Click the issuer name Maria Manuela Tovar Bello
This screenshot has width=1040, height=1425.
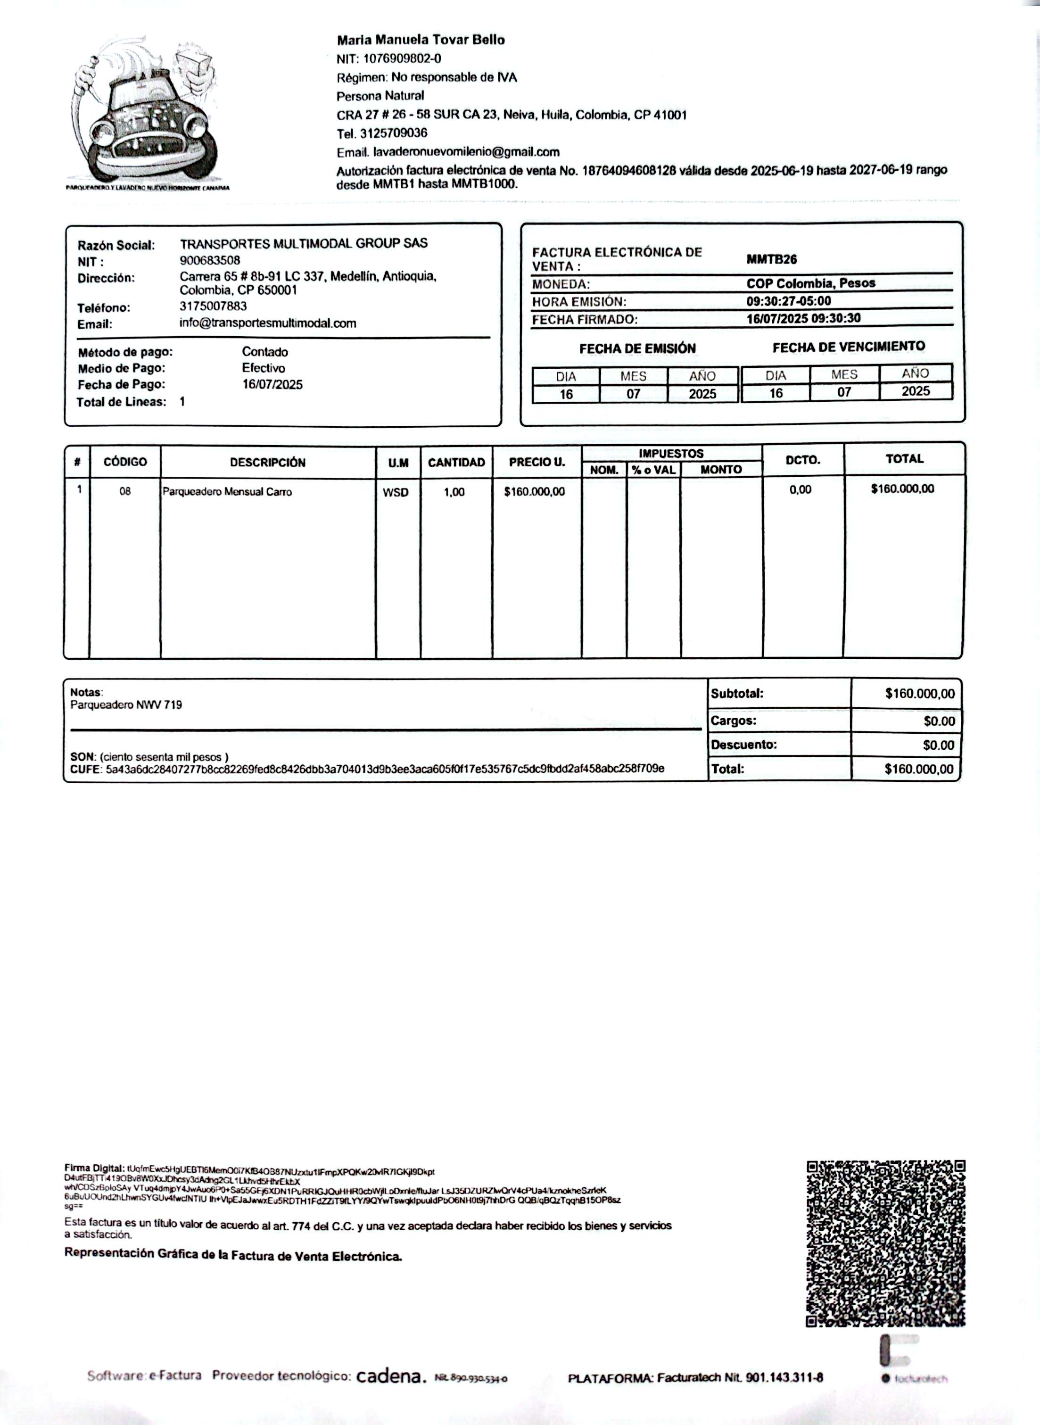click(421, 40)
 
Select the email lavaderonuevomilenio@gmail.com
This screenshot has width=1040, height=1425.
click(466, 152)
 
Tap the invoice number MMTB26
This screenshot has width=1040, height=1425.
click(771, 259)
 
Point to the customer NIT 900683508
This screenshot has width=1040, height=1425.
click(210, 260)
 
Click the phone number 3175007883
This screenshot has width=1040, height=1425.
click(213, 307)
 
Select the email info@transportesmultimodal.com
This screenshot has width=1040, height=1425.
click(268, 323)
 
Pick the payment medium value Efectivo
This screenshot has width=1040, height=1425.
click(263, 368)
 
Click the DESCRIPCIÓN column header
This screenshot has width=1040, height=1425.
click(268, 462)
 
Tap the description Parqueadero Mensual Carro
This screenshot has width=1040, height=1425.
click(227, 492)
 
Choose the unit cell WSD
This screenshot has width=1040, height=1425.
click(396, 492)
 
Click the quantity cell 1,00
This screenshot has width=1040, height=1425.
click(454, 492)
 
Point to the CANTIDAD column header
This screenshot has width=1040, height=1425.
click(456, 462)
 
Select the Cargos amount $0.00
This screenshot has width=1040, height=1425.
click(939, 721)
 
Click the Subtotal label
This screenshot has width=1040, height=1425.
click(736, 694)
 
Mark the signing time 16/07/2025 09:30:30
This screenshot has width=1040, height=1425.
click(803, 318)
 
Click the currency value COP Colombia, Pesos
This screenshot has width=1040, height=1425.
click(810, 283)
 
